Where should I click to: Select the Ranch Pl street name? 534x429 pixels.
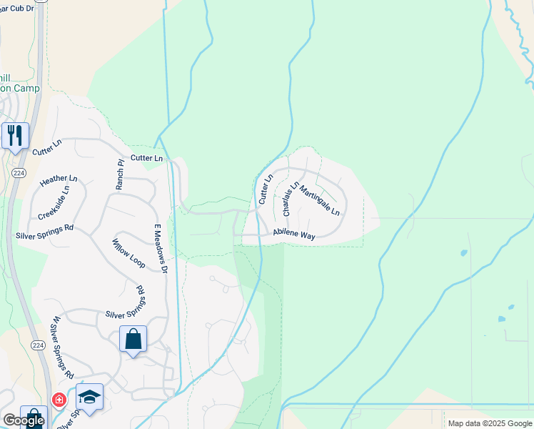pos(120,174)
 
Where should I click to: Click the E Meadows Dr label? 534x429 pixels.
pos(160,249)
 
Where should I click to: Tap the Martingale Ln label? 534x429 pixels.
pos(319,201)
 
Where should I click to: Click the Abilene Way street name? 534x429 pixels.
pos(293,236)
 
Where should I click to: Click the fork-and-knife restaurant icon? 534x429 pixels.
pos(14,135)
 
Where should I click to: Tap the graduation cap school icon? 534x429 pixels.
pos(89,397)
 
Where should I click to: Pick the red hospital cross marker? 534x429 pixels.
pos(59,400)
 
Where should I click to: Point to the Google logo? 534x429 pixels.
pos(24,421)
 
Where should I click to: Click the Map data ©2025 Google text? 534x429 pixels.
pos(489,423)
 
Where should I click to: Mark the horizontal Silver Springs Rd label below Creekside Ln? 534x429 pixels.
pos(44,230)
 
